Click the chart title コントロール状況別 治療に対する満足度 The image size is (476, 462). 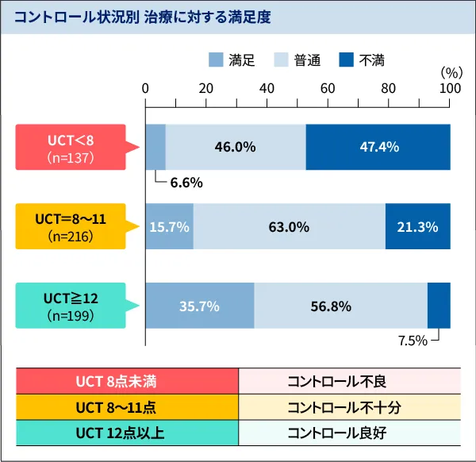(143, 17)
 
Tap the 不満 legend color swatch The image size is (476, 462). (347, 60)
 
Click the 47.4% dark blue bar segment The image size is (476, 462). (378, 147)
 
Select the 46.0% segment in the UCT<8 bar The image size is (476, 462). (236, 147)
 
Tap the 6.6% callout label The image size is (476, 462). (186, 183)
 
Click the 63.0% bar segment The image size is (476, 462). (289, 226)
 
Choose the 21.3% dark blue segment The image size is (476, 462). (417, 226)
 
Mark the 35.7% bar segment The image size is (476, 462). (200, 306)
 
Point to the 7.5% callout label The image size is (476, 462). (413, 341)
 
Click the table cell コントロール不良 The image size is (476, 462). (347, 381)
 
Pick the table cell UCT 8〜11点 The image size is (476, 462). (127, 407)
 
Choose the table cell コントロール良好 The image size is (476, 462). (347, 433)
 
